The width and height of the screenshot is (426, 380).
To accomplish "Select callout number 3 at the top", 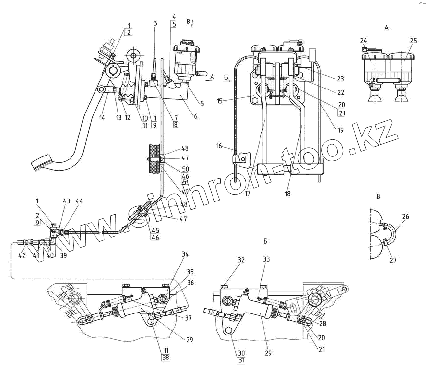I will [x=155, y=23].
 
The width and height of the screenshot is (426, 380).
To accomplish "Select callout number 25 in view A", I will [x=413, y=40].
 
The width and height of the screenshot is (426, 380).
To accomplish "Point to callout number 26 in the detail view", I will [x=406, y=216].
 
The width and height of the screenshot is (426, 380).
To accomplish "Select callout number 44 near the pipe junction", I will [x=79, y=201].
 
